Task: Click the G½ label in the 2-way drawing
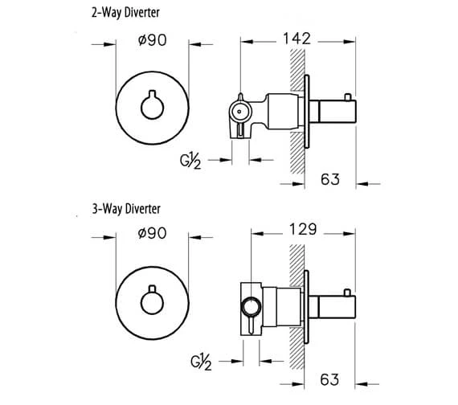(190, 161)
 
